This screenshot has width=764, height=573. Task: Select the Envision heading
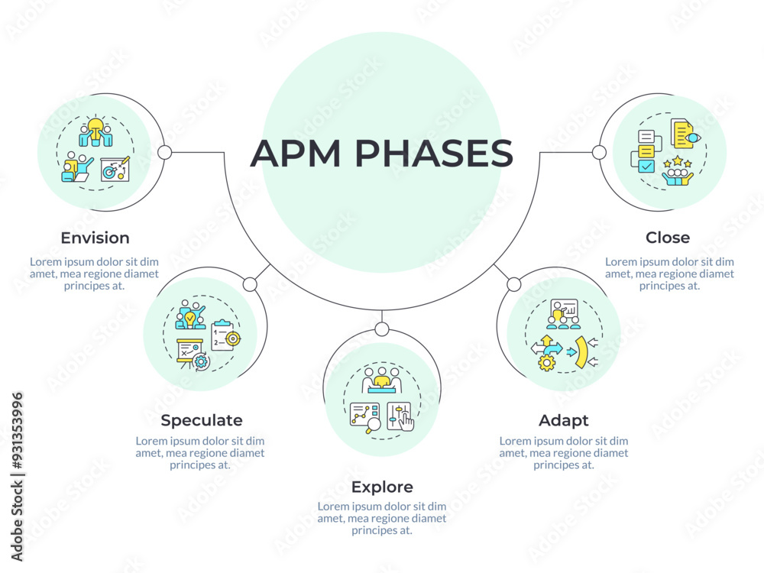[x=95, y=238]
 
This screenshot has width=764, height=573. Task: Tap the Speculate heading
[x=202, y=420]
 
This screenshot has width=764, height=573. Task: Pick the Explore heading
[x=382, y=487]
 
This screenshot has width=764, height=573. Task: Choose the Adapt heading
[x=564, y=420]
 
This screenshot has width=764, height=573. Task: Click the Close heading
[x=668, y=238]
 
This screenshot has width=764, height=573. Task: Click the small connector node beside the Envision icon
[x=164, y=152]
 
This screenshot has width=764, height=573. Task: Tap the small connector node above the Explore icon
[x=382, y=329]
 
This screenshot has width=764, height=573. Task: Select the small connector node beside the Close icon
[x=599, y=152]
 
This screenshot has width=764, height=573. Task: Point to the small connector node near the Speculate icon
[x=250, y=285]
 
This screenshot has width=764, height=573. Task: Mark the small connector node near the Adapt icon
[x=513, y=285]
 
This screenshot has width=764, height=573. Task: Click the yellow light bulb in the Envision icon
[x=95, y=125]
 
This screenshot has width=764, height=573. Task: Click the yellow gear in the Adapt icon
[x=546, y=362]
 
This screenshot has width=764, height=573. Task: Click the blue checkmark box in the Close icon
[x=646, y=165]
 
